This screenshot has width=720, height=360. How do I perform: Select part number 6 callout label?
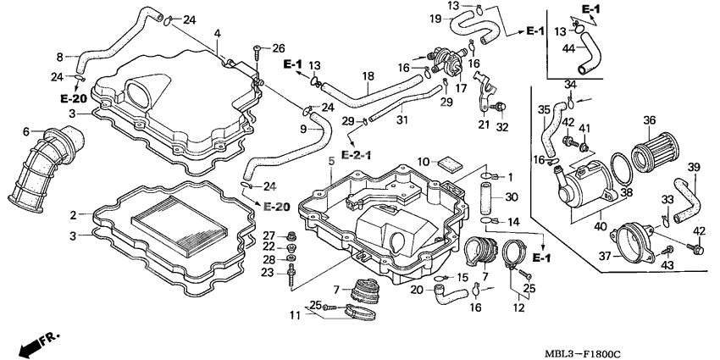[x=25, y=131]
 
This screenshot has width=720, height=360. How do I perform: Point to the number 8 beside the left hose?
[x=60, y=57]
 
